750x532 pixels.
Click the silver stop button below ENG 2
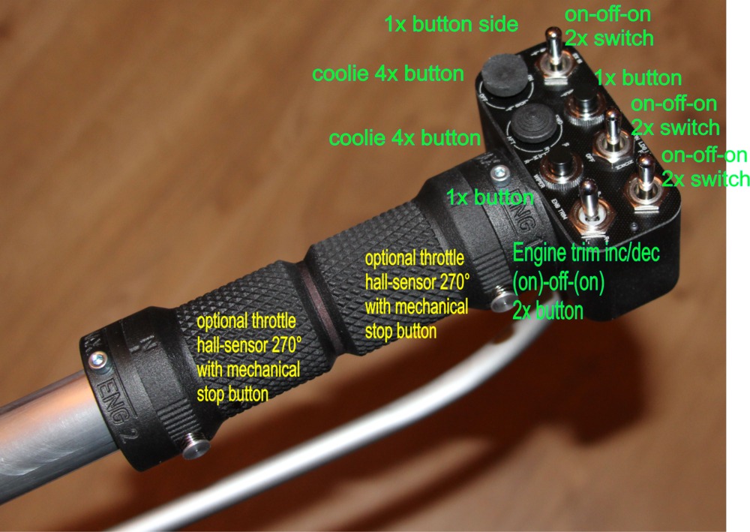click(x=196, y=448)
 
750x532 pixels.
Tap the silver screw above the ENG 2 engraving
click(x=95, y=360)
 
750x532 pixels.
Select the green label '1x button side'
click(x=451, y=25)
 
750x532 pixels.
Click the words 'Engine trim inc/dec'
click(x=586, y=253)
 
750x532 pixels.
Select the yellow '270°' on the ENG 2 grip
click(x=286, y=345)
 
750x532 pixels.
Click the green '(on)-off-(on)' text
click(x=558, y=283)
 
